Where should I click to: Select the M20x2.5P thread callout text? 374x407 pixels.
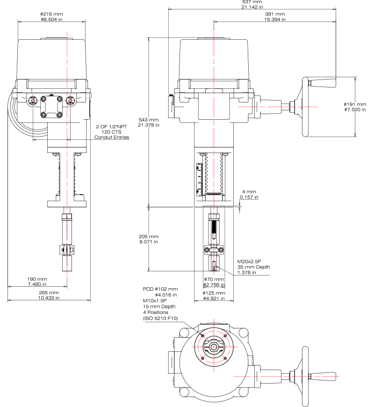coord(249,262)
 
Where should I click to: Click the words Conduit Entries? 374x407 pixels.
coord(112,138)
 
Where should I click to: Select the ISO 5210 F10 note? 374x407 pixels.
coord(160,318)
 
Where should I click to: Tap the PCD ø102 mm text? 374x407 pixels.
coord(160,289)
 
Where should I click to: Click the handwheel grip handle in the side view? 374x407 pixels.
coord(323,83)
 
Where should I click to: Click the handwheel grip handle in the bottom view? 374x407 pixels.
coord(323,376)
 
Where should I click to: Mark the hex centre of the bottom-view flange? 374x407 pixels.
coord(214,347)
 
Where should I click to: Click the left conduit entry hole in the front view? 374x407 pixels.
coord(33,100)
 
